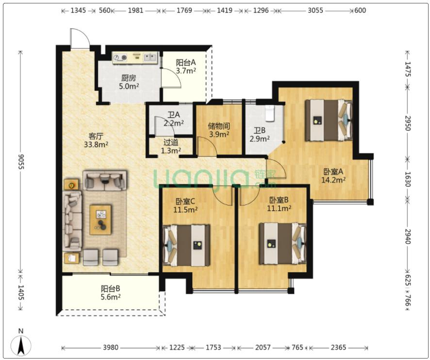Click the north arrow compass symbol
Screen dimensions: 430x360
[20, 344]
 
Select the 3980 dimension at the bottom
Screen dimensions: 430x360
[111, 347]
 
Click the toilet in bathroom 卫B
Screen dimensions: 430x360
[270, 113]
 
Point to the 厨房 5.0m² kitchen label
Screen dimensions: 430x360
[129, 82]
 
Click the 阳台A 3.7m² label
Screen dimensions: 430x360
[186, 67]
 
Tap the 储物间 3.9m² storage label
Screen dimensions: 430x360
[219, 130]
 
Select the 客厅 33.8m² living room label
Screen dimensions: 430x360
[96, 140]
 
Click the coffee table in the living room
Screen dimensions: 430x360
[100, 219]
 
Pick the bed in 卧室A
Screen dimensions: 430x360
[329, 120]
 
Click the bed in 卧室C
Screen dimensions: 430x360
[186, 245]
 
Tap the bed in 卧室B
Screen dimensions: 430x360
[283, 243]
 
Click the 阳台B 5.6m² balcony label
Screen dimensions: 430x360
[111, 293]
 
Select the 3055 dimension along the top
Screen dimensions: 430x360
[315, 10]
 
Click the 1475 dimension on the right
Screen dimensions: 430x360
[408, 69]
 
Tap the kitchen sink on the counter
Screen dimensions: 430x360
[150, 57]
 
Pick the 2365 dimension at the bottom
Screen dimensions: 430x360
[338, 347]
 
